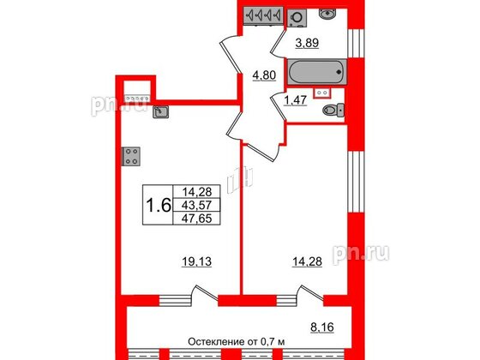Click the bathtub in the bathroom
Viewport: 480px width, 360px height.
pyautogui.click(x=317, y=72)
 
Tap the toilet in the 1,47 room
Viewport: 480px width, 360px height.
pyautogui.click(x=333, y=110)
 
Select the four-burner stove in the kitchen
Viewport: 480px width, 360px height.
pyautogui.click(x=131, y=156)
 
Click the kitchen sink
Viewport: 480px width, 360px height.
pyautogui.click(x=161, y=112)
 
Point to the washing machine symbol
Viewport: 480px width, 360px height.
pyautogui.click(x=297, y=17)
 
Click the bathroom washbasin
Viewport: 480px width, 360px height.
pyautogui.click(x=327, y=13)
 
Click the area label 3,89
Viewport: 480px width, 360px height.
pyautogui.click(x=307, y=43)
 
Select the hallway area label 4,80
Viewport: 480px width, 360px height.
pyautogui.click(x=264, y=75)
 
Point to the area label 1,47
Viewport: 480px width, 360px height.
pyautogui.click(x=296, y=100)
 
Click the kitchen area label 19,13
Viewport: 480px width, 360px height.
pyautogui.click(x=196, y=261)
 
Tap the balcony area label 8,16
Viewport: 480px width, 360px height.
pyautogui.click(x=322, y=327)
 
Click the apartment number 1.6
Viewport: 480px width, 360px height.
pyautogui.click(x=159, y=205)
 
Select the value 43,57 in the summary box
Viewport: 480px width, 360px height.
pyautogui.click(x=196, y=205)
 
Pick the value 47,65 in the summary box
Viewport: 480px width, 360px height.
pyautogui.click(x=196, y=219)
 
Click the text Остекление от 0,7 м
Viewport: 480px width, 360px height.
pyautogui.click(x=236, y=342)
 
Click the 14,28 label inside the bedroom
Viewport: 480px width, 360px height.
pyautogui.click(x=307, y=261)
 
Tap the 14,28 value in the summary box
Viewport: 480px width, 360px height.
pyautogui.click(x=196, y=192)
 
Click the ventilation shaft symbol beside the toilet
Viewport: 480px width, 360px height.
pyautogui.click(x=322, y=93)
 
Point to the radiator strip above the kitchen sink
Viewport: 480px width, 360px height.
pyautogui.click(x=137, y=99)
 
